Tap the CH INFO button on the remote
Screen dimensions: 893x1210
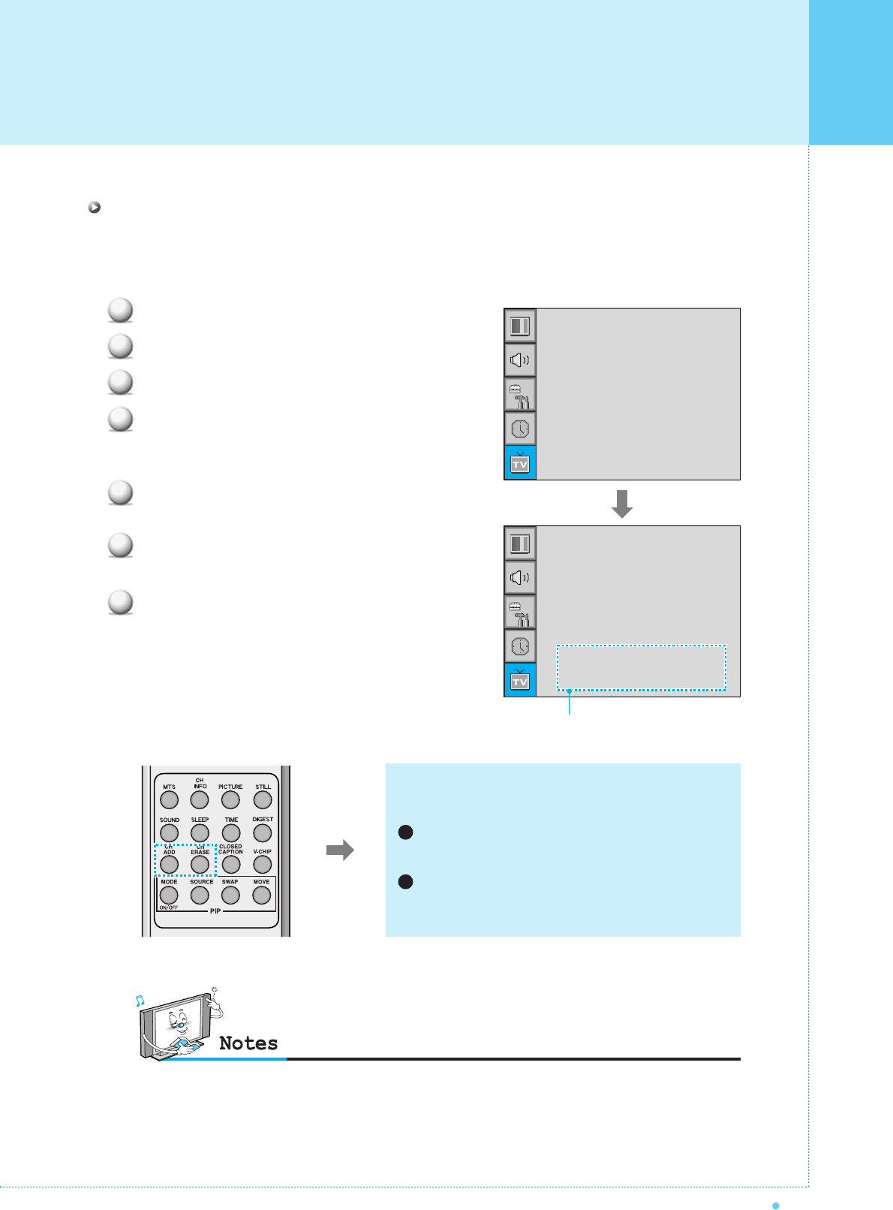pos(200,800)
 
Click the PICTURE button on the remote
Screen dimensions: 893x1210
pos(230,800)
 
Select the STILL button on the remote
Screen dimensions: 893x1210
pos(263,800)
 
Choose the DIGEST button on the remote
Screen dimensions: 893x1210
pos(262,832)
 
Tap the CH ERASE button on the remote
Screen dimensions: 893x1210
pos(200,865)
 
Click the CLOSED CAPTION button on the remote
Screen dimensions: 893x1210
pos(230,865)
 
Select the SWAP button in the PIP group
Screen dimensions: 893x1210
pos(230,895)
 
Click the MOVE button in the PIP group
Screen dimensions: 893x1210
pos(261,895)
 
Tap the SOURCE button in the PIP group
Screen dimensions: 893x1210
pos(200,895)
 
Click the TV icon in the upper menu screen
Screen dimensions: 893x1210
pos(520,463)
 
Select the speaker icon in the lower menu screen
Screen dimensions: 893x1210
pos(520,577)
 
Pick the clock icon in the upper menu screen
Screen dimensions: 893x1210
pos(520,429)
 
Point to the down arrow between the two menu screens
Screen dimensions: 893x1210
pos(622,503)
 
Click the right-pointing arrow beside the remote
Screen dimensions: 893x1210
pos(340,850)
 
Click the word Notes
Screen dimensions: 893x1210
pos(248,1043)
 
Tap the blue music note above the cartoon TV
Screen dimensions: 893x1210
pos(140,1001)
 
